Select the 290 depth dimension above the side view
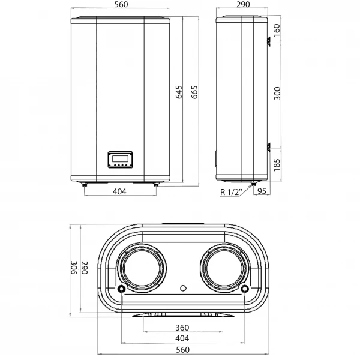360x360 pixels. tap(243, 6)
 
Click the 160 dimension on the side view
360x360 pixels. tap(276, 29)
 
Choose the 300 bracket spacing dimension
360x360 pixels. tap(276, 93)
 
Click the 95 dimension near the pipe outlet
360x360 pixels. tap(262, 191)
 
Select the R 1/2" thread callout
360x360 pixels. tap(230, 192)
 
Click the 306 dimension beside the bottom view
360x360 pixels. tap(73, 268)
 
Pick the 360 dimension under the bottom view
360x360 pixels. tap(183, 328)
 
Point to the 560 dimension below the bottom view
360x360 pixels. tap(183, 350)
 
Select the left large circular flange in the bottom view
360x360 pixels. tap(142, 268)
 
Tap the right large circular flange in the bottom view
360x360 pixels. tap(224, 268)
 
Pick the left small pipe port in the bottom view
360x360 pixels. tap(122, 290)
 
